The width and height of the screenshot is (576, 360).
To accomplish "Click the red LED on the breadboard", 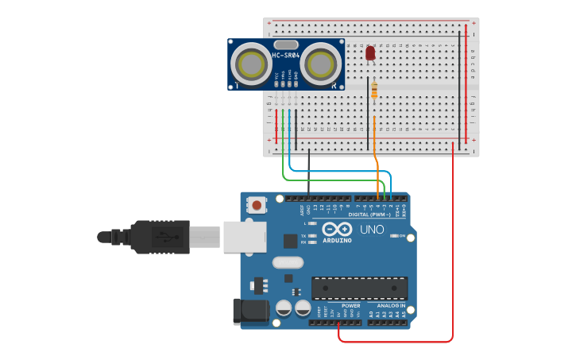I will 370,53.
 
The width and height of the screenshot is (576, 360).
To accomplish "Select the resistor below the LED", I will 374,91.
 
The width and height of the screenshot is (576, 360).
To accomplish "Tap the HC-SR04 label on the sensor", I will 286,56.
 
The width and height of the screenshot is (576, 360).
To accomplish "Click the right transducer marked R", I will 319,63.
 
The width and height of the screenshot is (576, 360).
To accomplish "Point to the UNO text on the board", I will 373,230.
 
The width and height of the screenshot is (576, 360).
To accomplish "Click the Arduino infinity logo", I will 337,229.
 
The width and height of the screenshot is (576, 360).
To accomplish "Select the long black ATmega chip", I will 359,287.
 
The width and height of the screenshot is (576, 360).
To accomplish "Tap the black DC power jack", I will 249,312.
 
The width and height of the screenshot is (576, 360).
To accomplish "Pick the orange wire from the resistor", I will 375,151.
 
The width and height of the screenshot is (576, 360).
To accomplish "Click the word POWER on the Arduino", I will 350,305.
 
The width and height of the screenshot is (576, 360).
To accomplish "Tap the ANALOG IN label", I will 390,305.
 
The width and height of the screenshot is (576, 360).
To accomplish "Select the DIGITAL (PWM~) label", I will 369,215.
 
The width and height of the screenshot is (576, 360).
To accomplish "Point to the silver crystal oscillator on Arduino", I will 288,262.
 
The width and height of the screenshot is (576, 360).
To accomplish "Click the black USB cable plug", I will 160,237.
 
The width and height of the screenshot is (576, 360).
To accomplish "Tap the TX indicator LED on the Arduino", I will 313,236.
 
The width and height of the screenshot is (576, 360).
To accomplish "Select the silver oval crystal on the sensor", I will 286,45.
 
